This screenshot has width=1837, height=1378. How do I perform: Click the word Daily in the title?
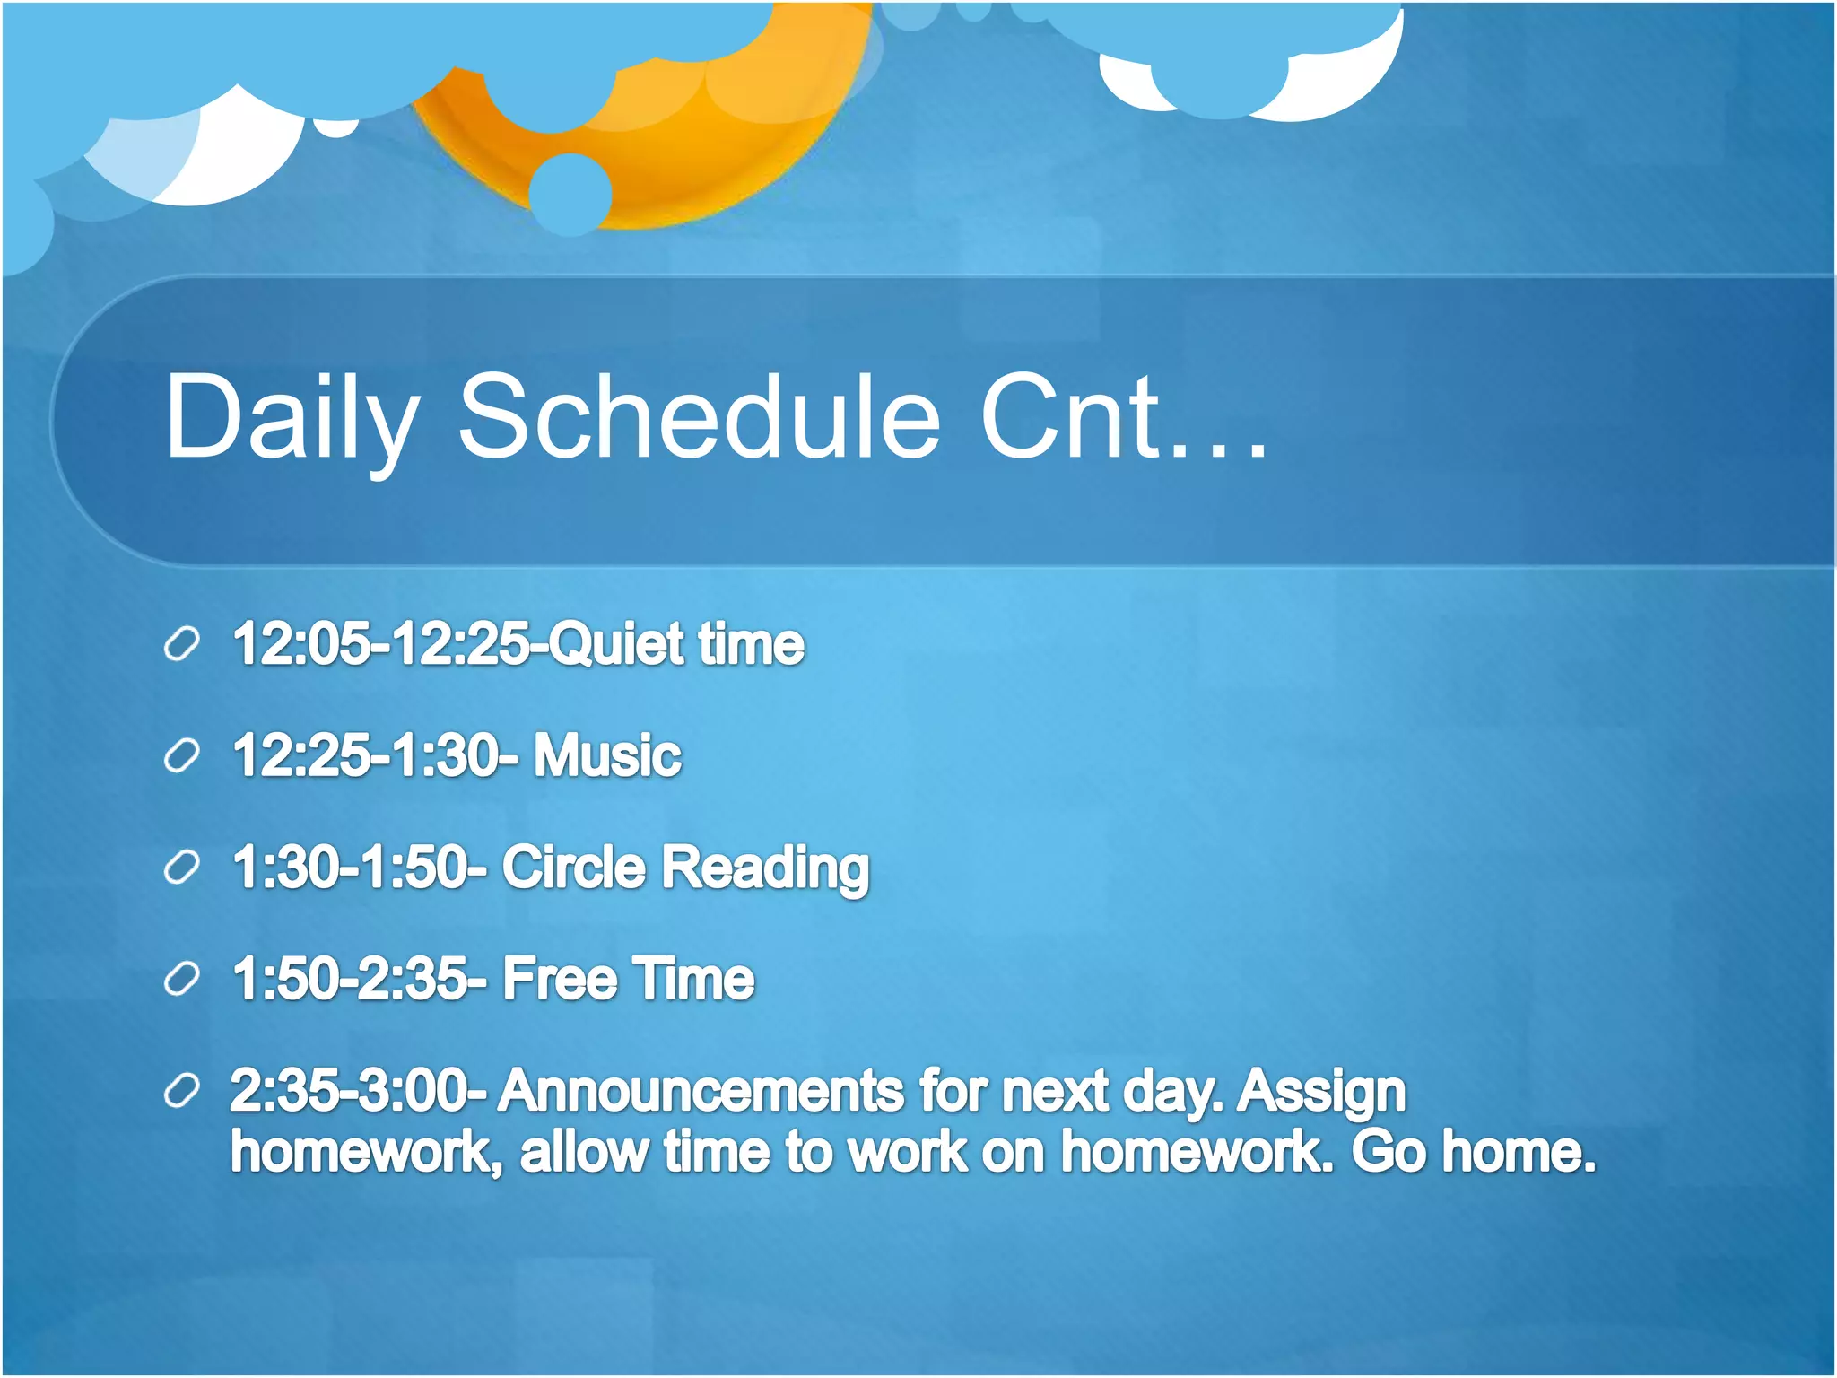[292, 418]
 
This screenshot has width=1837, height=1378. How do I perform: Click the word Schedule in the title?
[700, 418]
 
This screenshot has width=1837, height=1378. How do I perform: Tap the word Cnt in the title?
[1072, 418]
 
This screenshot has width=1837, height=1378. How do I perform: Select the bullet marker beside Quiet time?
[182, 645]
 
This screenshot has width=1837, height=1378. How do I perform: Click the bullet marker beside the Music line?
[182, 756]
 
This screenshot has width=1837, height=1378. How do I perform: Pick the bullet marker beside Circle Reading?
[182, 868]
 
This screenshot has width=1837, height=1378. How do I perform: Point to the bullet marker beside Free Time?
[182, 979]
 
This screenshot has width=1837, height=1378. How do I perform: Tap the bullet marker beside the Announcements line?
[182, 1091]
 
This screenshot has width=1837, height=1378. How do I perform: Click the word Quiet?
[616, 645]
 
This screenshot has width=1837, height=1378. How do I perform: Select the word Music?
[607, 755]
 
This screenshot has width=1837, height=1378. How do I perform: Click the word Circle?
[573, 868]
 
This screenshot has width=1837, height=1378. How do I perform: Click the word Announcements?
[701, 1092]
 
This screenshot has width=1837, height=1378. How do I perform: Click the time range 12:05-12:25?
[381, 645]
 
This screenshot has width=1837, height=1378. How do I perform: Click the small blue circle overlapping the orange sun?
[570, 194]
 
